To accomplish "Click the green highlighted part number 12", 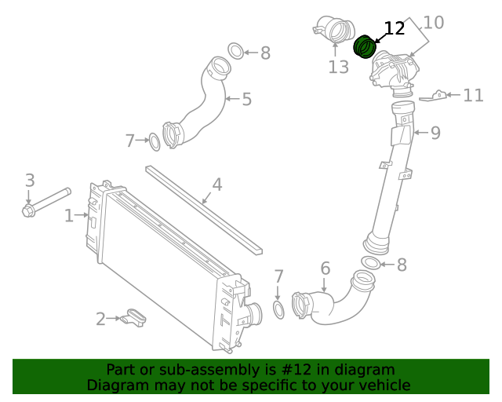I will (x=364, y=47).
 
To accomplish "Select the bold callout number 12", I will (x=394, y=29).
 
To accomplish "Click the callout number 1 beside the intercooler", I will (x=69, y=215).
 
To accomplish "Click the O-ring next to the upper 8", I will (x=236, y=52).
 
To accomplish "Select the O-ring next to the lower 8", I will (x=371, y=263).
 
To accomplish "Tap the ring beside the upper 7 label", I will (x=155, y=142).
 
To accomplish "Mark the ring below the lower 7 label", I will (x=278, y=309).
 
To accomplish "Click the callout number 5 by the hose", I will (x=246, y=99).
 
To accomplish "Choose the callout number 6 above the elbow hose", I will (x=326, y=269).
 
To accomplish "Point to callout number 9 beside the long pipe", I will (x=435, y=133).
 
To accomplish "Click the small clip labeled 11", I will (x=435, y=97).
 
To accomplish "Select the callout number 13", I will (x=338, y=68).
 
